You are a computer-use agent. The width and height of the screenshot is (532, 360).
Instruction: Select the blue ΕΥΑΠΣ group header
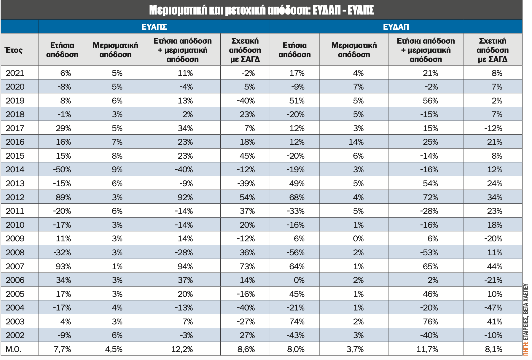coord(154,27)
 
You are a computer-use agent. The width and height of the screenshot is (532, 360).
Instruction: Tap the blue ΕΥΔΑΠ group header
coord(396,27)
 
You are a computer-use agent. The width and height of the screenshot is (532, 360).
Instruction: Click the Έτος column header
coord(14,50)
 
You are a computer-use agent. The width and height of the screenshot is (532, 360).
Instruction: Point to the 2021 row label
coord(15,73)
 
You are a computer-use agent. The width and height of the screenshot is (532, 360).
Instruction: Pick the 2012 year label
coord(15,197)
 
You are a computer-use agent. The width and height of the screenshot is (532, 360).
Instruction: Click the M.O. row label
coord(14,349)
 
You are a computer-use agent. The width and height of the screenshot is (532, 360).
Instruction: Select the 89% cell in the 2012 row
coord(63,197)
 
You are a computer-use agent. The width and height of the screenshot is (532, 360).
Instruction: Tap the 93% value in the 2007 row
coord(63,266)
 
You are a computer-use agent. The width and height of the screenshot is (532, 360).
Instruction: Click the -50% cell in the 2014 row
coord(62,170)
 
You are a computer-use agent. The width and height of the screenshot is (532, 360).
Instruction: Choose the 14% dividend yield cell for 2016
coord(356,142)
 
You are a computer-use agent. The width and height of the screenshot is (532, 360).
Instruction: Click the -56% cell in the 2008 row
coord(295,252)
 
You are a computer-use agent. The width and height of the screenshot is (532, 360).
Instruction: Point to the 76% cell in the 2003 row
coord(430,321)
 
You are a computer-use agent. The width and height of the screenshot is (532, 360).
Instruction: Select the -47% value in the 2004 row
coord(493,308)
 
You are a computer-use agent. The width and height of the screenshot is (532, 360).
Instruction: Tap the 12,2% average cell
coord(182,349)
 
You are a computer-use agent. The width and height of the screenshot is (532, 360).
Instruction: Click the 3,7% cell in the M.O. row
coord(355,349)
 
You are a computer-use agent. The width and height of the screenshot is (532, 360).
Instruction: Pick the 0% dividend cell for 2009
coord(358,239)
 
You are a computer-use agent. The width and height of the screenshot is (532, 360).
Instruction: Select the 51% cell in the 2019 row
coord(297,101)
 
